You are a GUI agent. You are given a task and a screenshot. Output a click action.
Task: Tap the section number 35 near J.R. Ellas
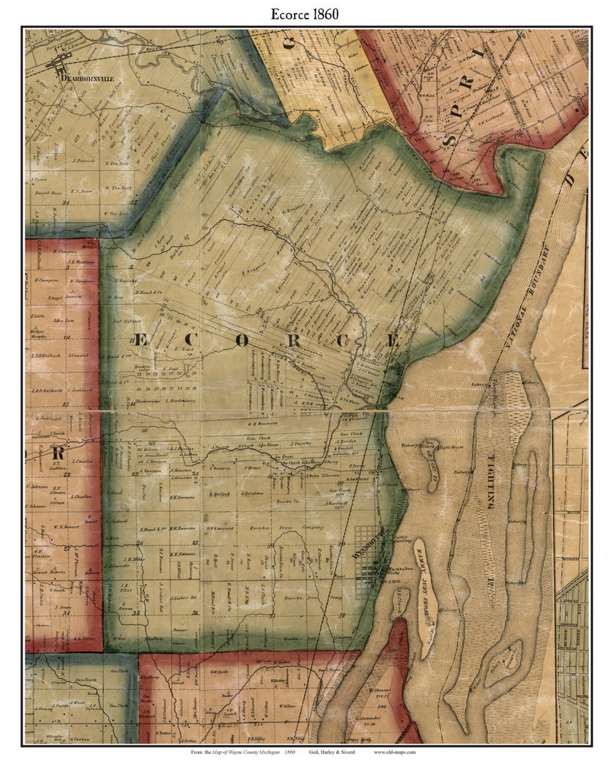coord(135,614)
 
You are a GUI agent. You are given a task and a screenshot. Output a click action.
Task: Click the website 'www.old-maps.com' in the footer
coord(395,752)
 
